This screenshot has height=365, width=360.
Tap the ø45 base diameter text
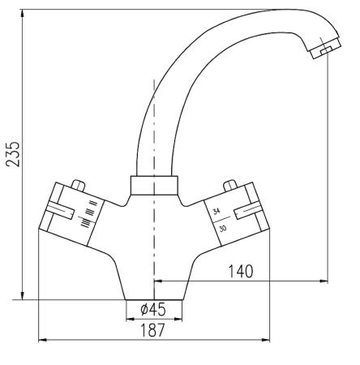coord(153,310)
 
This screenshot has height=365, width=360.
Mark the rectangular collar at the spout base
coord(153,186)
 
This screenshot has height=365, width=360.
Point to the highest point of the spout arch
coord(273,10)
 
